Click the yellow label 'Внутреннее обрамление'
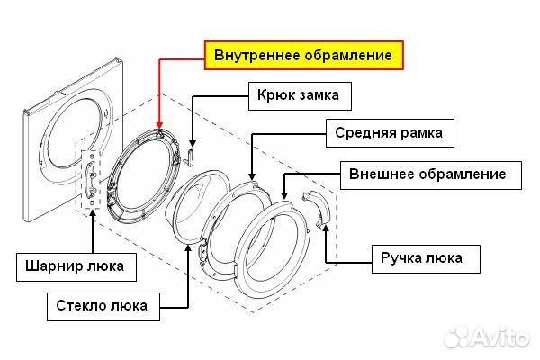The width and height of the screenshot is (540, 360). (302, 55)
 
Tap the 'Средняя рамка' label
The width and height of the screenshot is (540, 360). (390, 134)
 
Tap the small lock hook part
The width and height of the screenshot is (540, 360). (192, 157)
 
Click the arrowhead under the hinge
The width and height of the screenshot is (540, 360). (93, 218)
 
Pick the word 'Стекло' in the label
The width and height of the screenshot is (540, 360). (81, 304)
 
